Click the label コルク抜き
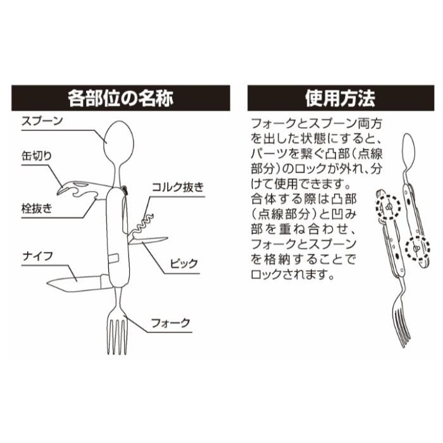click(178, 187)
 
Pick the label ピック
click(184, 263)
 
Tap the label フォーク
click(171, 322)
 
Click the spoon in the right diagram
click(409, 148)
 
